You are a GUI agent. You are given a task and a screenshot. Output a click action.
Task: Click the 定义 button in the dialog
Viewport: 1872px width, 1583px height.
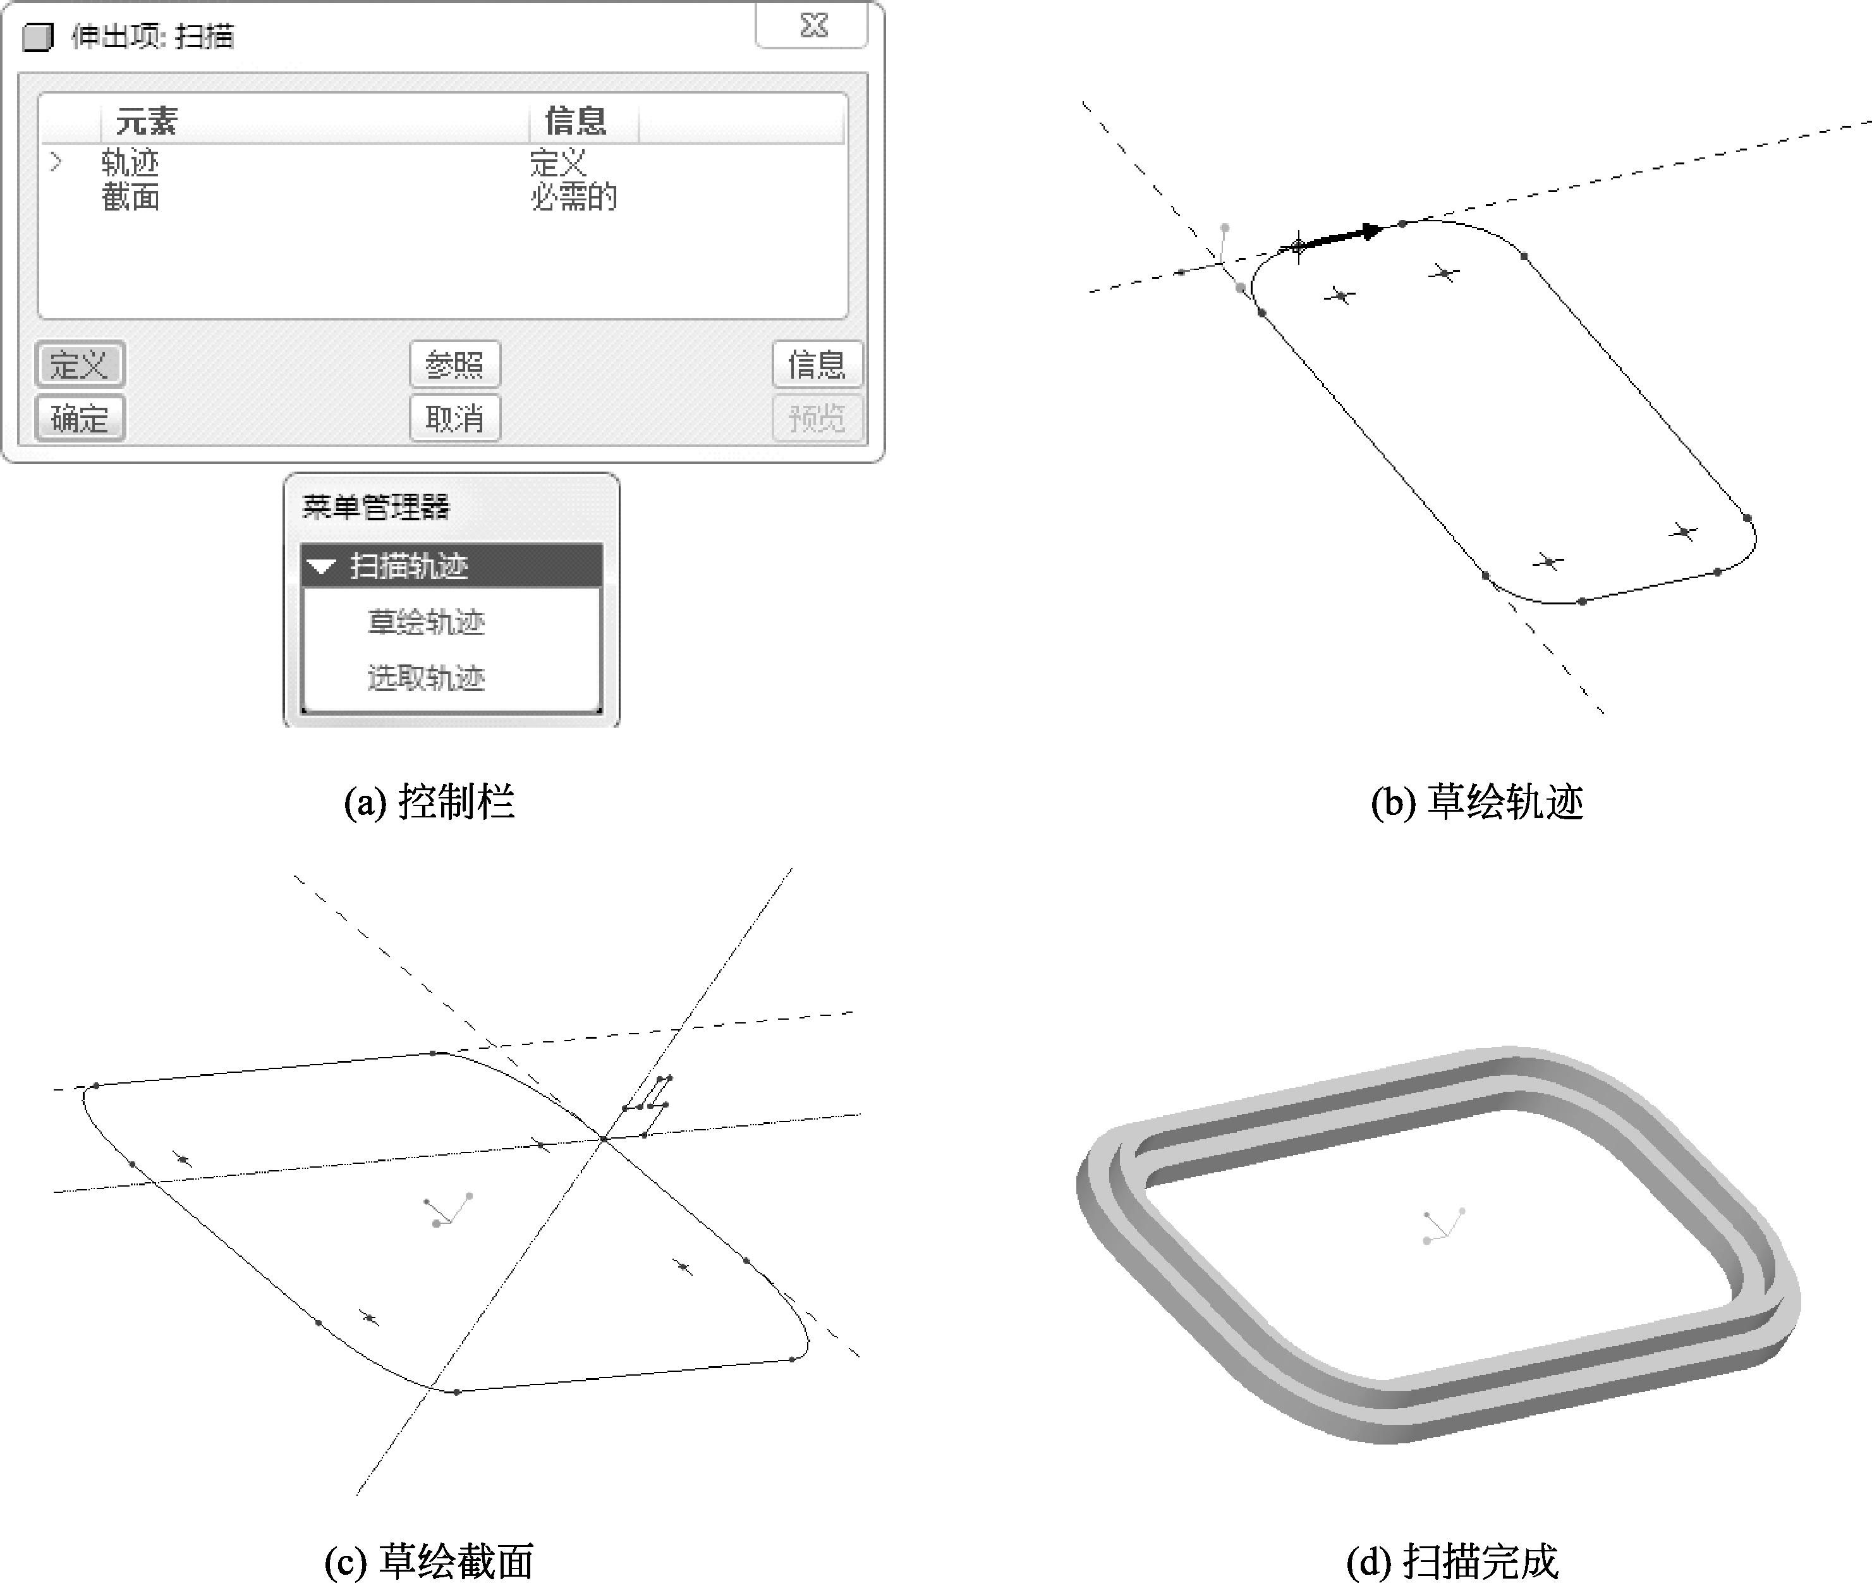coord(80,364)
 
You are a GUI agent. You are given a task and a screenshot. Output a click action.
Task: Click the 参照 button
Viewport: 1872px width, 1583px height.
coord(455,364)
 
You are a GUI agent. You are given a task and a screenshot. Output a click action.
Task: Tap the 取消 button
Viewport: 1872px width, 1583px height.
coord(455,418)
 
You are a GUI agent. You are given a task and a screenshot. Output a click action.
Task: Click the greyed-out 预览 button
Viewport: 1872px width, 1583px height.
coord(817,418)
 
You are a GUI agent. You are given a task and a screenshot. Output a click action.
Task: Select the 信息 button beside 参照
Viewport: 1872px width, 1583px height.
coord(817,364)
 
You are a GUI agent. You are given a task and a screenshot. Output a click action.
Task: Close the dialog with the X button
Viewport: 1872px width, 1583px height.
coord(813,25)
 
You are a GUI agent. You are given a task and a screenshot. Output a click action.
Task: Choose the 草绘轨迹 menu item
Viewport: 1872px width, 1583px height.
coord(426,622)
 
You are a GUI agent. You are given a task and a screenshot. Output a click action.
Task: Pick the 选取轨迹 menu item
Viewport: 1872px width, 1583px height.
coord(426,678)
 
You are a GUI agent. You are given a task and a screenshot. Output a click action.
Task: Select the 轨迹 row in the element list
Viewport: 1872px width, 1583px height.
coord(130,162)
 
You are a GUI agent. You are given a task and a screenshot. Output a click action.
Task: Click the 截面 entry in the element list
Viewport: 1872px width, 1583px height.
coord(130,197)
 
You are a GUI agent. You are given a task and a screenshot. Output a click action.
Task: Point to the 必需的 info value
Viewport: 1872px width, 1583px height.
coord(574,197)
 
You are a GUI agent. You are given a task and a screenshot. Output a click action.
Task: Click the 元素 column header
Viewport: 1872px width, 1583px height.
coord(147,120)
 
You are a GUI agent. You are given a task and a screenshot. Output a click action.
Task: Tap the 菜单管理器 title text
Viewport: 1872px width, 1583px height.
coord(376,507)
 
